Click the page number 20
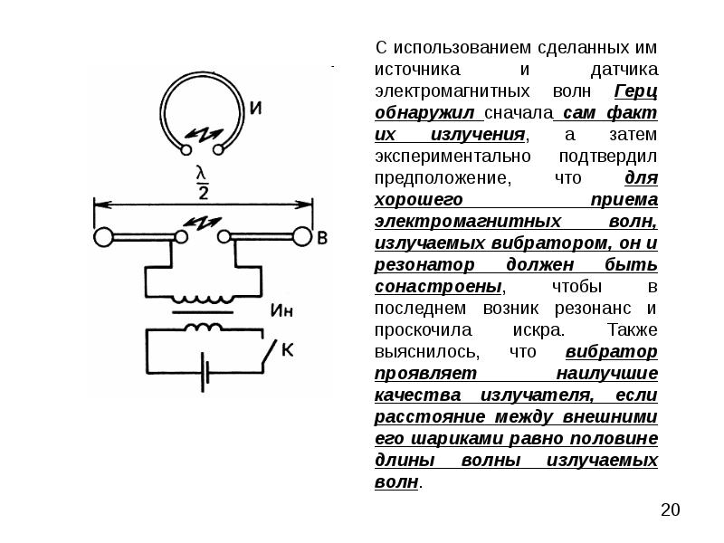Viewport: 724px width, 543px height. pyautogui.click(x=670, y=510)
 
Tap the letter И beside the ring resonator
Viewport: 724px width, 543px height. pyautogui.click(x=255, y=108)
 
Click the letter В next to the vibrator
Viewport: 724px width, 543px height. pyautogui.click(x=322, y=238)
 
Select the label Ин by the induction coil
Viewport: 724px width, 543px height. pyautogui.click(x=281, y=310)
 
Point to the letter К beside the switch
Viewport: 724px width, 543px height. pyautogui.click(x=287, y=350)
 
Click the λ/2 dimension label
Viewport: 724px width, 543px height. pyautogui.click(x=202, y=183)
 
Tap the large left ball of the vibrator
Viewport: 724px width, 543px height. pyautogui.click(x=103, y=237)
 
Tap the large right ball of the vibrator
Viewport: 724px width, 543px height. pyautogui.click(x=303, y=237)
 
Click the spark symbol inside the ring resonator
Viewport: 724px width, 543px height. pyautogui.click(x=203, y=134)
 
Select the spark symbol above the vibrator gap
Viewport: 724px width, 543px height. pyautogui.click(x=201, y=223)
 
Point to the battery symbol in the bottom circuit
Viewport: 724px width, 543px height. pyautogui.click(x=205, y=373)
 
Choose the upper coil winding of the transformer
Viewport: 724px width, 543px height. pyautogui.click(x=203, y=299)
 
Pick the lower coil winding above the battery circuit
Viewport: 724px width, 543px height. pyautogui.click(x=203, y=327)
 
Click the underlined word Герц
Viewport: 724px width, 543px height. pyautogui.click(x=636, y=92)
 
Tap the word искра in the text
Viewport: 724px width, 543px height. pyautogui.click(x=538, y=330)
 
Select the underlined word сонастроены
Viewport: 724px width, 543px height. pyautogui.click(x=438, y=287)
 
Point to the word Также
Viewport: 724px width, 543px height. pyautogui.click(x=632, y=330)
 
